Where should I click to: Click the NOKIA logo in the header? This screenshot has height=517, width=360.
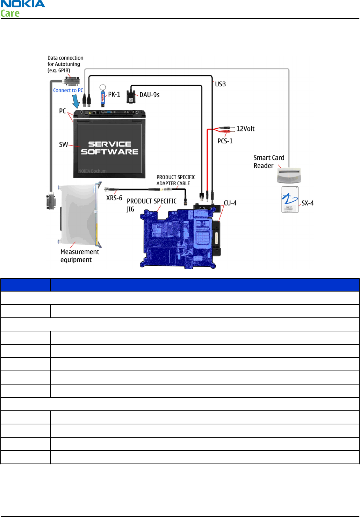[23, 4]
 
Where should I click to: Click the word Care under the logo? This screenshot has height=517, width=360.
[10, 14]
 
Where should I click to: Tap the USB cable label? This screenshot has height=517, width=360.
[220, 84]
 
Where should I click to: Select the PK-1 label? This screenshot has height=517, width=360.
[114, 94]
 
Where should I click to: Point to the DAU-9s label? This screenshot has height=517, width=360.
[149, 95]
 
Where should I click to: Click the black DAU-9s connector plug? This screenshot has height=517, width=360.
[131, 97]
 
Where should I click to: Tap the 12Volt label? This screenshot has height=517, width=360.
[245, 129]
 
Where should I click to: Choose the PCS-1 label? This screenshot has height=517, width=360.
[225, 141]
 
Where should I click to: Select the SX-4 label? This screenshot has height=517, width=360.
[308, 203]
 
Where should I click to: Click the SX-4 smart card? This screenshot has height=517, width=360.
[290, 200]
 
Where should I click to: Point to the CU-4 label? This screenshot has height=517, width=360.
[230, 203]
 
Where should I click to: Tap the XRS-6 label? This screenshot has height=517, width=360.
[114, 198]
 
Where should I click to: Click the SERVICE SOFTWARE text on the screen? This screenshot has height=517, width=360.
[109, 148]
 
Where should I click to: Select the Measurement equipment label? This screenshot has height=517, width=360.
[79, 256]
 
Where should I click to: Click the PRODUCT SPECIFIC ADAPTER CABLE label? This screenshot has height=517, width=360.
[175, 180]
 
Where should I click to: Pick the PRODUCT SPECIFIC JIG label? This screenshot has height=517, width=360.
[151, 205]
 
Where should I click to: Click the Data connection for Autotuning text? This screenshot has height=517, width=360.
[65, 64]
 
